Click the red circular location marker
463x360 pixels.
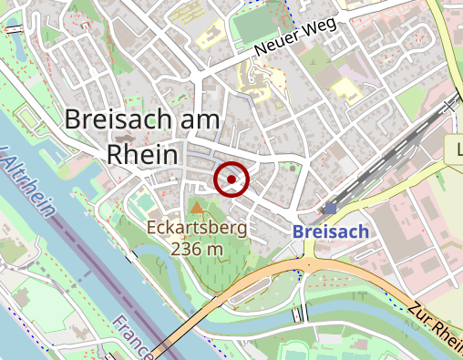click(x=231, y=179)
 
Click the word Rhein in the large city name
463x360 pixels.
click(x=142, y=153)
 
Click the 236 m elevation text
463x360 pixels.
click(x=196, y=248)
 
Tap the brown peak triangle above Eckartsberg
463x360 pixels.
click(x=197, y=209)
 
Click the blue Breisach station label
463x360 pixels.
click(x=331, y=231)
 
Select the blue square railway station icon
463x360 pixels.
click(x=330, y=209)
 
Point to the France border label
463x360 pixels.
click(x=131, y=334)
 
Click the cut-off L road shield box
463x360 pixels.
click(x=456, y=149)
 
